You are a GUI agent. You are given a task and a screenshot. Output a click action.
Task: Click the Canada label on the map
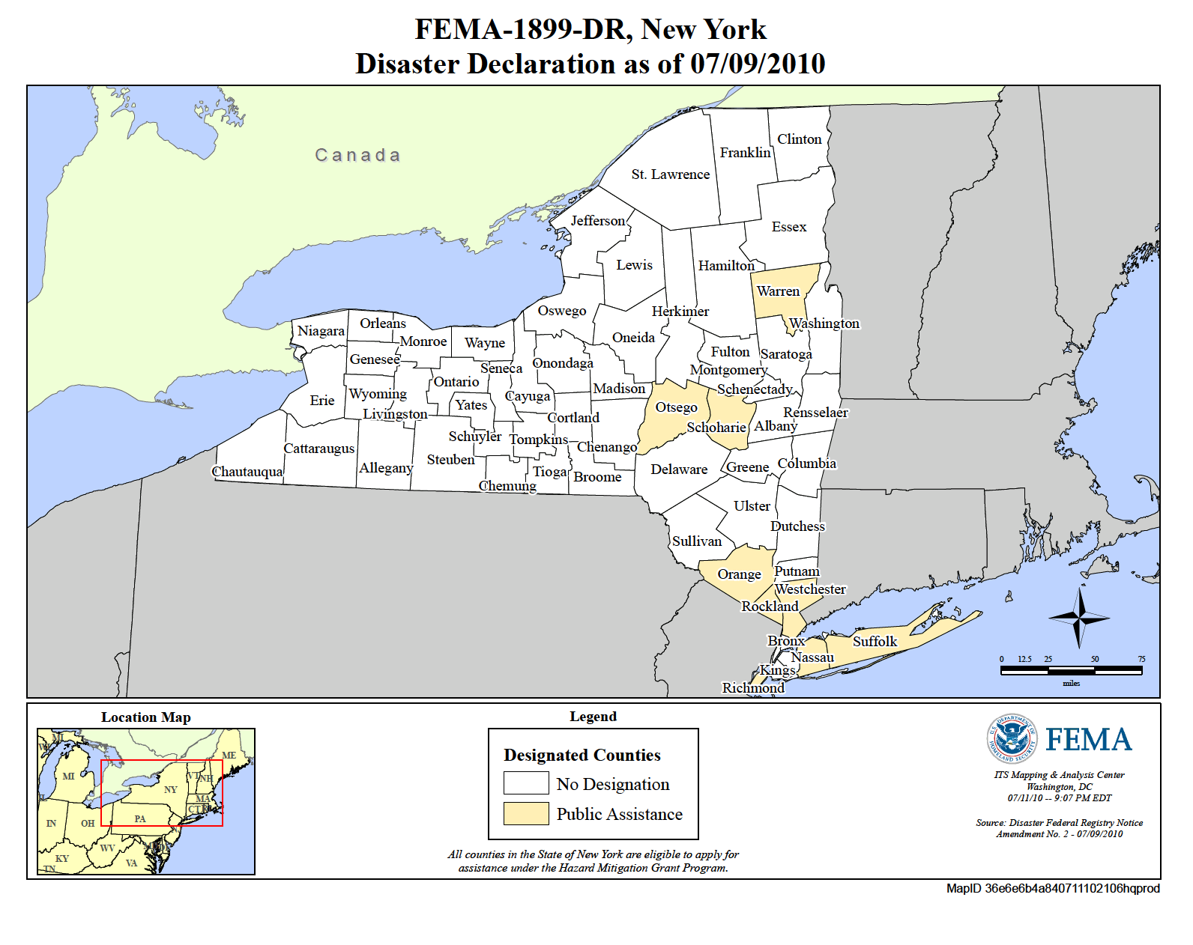(357, 155)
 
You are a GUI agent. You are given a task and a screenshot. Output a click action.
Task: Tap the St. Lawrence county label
(670, 174)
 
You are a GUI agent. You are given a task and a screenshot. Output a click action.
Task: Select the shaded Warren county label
(778, 291)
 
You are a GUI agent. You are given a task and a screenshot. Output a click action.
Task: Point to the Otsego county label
(676, 407)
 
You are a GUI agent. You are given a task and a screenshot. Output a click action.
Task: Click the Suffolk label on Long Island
(875, 642)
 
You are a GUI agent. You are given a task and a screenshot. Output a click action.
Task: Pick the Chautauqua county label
(247, 472)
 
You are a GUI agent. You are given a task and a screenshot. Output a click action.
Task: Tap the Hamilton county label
(726, 266)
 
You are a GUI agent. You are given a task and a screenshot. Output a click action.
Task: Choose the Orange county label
(739, 574)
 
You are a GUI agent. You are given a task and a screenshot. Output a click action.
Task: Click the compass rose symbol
(1079, 618)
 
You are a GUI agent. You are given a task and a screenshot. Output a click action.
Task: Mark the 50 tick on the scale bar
(1095, 660)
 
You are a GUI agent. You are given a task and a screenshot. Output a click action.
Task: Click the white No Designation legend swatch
(526, 783)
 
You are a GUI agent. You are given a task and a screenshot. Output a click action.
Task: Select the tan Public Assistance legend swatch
(526, 813)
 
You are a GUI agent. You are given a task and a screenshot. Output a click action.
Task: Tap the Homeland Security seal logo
(1012, 738)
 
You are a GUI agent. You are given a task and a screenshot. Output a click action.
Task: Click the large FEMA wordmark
(1088, 740)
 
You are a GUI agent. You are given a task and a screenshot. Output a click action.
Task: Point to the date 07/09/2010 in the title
(758, 64)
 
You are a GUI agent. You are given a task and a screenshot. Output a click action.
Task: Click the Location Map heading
(146, 717)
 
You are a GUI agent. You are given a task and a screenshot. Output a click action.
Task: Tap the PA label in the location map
(140, 818)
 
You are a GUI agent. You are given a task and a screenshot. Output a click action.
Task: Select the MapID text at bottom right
(1052, 888)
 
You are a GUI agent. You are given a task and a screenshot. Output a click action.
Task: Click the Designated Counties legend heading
(582, 755)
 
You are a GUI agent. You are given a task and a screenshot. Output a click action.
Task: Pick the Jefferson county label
(597, 221)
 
